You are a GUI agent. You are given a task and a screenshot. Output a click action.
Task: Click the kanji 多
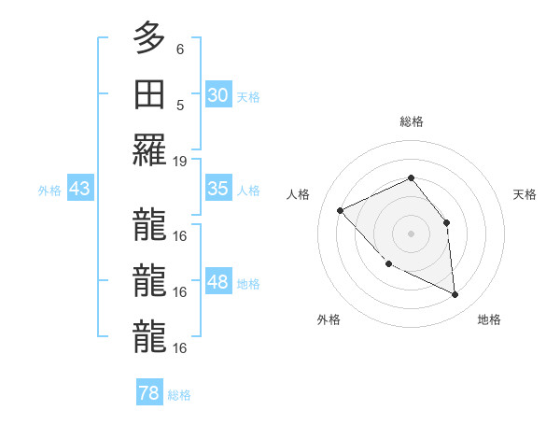tap(148, 38)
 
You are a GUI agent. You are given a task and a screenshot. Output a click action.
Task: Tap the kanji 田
tap(148, 94)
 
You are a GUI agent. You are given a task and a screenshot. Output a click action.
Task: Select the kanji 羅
tap(148, 150)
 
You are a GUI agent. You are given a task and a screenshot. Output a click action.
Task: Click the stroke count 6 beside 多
tap(180, 49)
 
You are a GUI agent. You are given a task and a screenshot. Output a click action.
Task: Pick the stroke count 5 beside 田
tap(180, 104)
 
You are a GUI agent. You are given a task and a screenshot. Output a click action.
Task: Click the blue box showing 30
tap(218, 94)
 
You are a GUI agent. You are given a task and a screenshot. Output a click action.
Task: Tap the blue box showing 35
tap(218, 189)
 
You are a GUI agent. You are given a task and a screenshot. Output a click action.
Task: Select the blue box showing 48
tap(218, 282)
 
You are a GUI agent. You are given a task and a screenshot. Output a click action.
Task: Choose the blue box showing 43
tap(80, 189)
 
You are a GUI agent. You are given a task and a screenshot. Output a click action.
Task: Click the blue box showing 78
tap(149, 393)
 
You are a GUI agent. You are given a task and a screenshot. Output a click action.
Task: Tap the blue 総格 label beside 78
tap(179, 395)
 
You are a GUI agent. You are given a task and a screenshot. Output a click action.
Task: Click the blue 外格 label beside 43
tap(49, 190)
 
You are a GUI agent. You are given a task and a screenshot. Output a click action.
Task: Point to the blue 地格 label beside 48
tap(249, 283)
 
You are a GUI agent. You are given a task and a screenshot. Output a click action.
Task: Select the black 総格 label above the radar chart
tap(412, 121)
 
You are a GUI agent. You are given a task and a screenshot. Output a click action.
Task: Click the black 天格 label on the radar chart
tap(525, 194)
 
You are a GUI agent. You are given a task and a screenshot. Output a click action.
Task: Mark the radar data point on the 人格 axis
tap(341, 210)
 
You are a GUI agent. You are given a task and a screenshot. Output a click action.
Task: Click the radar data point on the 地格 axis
tap(455, 295)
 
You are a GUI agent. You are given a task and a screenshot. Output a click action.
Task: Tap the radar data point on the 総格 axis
tap(411, 177)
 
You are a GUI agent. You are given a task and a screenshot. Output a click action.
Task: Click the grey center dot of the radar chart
tap(411, 233)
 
